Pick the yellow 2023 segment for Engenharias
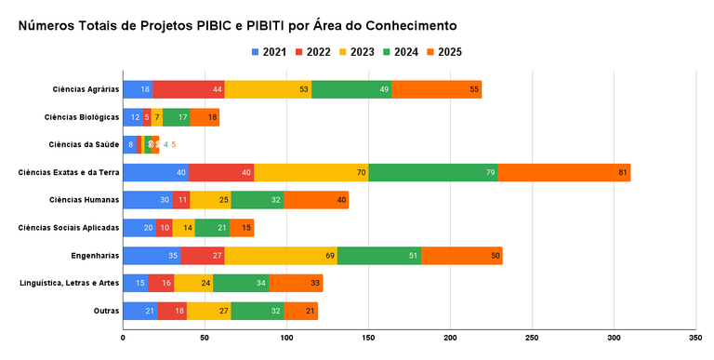(x=281, y=256)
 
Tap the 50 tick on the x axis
(x=205, y=338)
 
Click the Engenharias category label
(x=96, y=255)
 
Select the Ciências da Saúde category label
(x=84, y=144)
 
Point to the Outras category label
(x=106, y=311)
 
